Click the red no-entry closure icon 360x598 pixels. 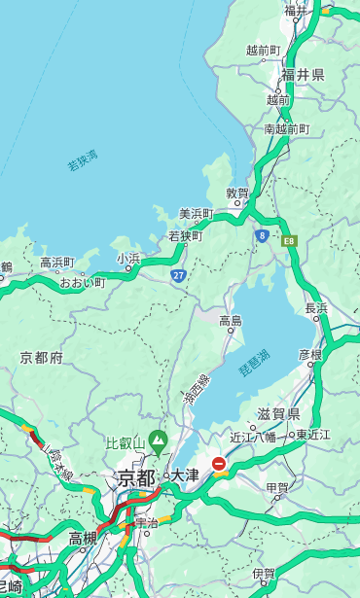[x=220, y=465]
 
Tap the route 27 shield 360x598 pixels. [x=179, y=276]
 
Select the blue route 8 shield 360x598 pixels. [x=262, y=235]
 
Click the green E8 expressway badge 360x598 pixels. [x=289, y=240]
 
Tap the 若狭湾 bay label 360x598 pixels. [x=83, y=161]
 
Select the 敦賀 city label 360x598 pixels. [x=237, y=194]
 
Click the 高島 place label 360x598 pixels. [x=231, y=321]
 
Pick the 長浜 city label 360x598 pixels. [x=317, y=308]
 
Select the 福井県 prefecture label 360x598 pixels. [x=303, y=74]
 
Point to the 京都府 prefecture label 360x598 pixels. [x=41, y=358]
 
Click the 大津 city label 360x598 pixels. [x=184, y=476]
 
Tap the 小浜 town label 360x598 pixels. [x=128, y=259]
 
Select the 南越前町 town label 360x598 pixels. [x=286, y=128]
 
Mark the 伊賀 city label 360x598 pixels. [x=263, y=574]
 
